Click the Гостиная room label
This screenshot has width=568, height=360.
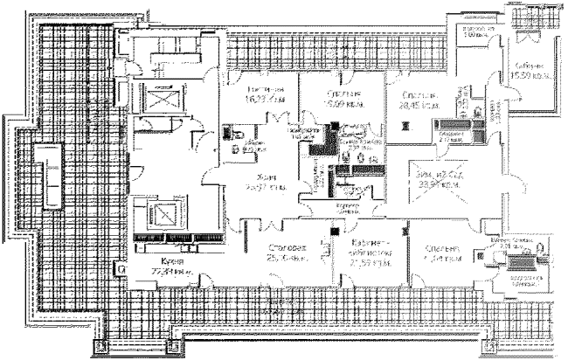[x=245, y=93]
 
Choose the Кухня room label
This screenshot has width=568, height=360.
[x=161, y=260]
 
